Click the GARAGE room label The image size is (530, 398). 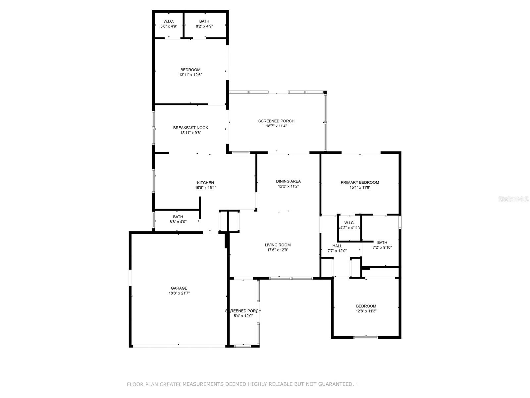(179, 288)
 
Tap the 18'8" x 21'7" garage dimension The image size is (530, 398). (179, 293)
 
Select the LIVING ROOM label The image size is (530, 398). (278, 245)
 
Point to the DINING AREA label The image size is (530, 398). (288, 181)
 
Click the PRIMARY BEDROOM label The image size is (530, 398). (360, 182)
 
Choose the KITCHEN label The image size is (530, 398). (205, 183)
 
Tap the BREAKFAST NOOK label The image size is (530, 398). (190, 128)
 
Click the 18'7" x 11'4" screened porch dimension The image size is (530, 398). (276, 126)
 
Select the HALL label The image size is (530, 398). (337, 246)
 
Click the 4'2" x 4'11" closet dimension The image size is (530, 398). (349, 228)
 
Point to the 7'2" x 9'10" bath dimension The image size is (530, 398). (382, 247)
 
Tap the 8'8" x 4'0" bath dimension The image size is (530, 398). (178, 222)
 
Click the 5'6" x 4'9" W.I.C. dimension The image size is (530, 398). (169, 26)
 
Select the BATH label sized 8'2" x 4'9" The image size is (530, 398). (204, 21)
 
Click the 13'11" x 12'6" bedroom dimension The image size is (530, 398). (190, 75)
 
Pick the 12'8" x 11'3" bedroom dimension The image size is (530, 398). (366, 311)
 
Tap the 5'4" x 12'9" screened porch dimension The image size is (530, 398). (243, 316)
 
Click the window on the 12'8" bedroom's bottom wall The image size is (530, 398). (366, 337)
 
